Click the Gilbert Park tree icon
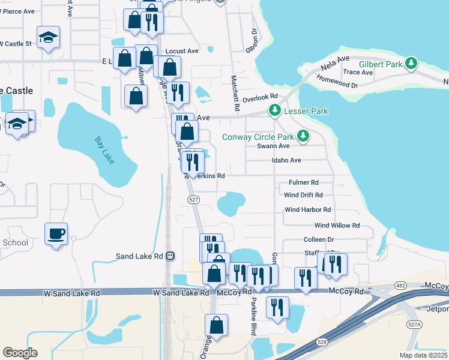tap(411, 63)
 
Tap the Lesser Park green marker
tap(274, 110)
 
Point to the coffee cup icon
tap(56, 233)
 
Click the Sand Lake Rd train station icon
tap(170, 256)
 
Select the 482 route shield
tap(399, 284)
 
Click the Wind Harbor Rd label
tap(308, 209)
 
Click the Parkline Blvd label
tap(254, 311)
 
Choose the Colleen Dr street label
tap(318, 239)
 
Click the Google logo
tap(20, 353)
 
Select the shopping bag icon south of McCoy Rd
tap(216, 326)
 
